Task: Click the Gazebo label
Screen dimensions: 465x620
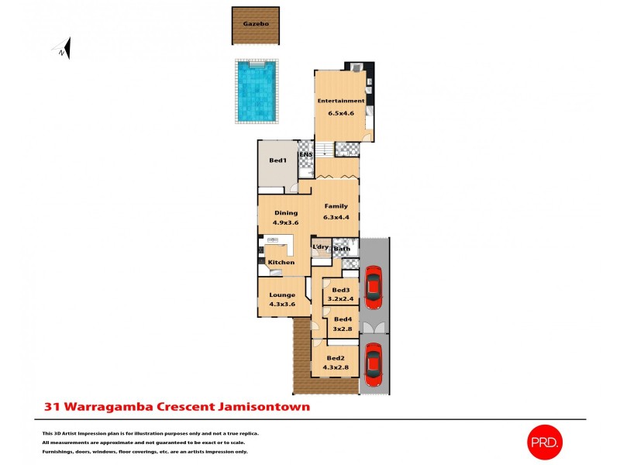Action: click(x=255, y=24)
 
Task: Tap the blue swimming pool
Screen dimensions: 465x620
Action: click(x=256, y=91)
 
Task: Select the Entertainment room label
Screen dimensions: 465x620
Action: click(x=340, y=101)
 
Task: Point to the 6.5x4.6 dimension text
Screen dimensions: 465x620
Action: click(x=340, y=113)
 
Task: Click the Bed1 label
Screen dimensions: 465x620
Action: click(x=277, y=160)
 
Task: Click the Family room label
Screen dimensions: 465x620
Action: click(x=336, y=206)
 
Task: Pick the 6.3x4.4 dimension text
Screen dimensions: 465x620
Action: click(x=336, y=217)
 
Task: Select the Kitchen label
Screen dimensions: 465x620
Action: click(x=281, y=263)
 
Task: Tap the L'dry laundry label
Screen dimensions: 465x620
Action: click(x=321, y=247)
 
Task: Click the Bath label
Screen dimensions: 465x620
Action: click(x=342, y=248)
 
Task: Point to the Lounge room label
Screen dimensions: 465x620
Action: click(x=282, y=294)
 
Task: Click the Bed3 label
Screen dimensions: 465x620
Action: click(x=340, y=290)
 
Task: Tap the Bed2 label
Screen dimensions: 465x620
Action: click(x=336, y=358)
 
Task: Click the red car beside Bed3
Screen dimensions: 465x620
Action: click(x=374, y=285)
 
